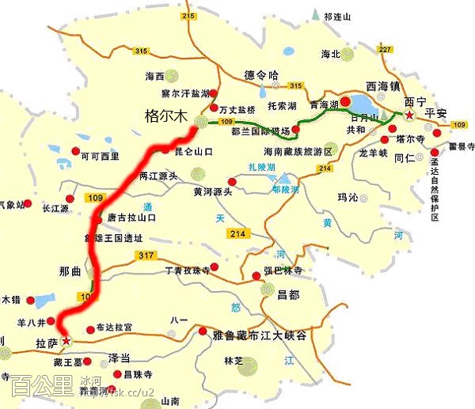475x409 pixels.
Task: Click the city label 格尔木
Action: tap(167, 116)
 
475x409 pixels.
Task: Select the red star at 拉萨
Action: tap(66, 342)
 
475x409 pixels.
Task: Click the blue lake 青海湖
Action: tap(363, 104)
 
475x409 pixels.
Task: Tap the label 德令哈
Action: tap(262, 75)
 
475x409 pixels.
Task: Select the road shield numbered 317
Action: tap(145, 255)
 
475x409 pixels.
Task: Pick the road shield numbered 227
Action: tap(386, 50)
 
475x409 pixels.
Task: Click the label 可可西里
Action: tap(100, 156)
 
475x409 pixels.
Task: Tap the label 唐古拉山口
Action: tap(132, 217)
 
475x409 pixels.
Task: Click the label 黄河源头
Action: tap(213, 191)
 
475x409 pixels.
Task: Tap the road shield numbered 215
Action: tap(187, 16)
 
